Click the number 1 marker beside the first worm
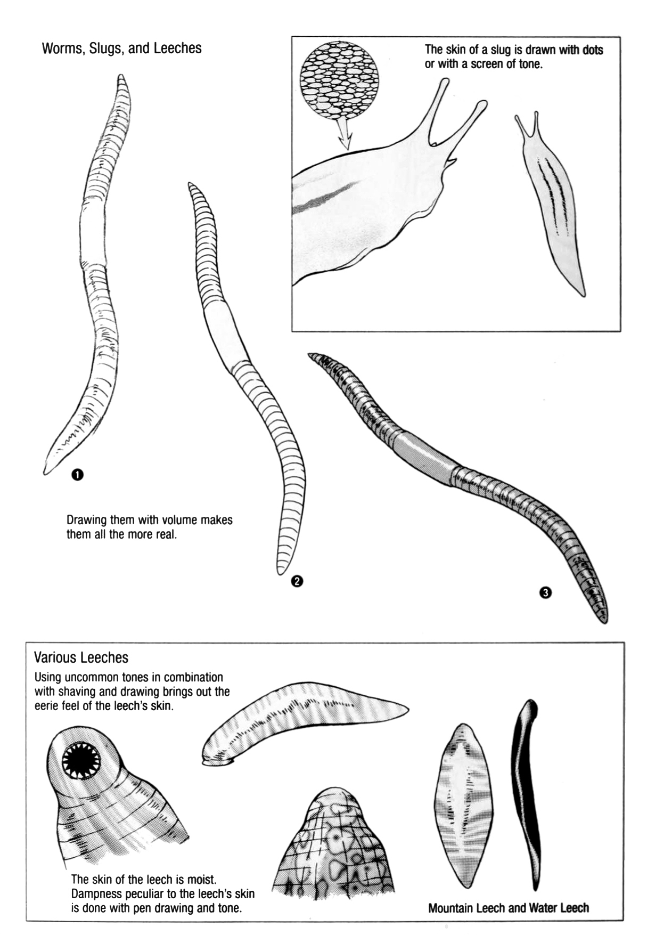pyautogui.click(x=78, y=474)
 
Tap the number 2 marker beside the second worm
pyautogui.click(x=297, y=581)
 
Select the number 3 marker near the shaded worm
pyautogui.click(x=545, y=592)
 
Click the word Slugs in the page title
pyautogui.click(x=107, y=49)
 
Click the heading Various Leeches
pyautogui.click(x=81, y=657)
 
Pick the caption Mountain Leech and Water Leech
pyautogui.click(x=509, y=908)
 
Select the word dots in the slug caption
pyautogui.click(x=591, y=50)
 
